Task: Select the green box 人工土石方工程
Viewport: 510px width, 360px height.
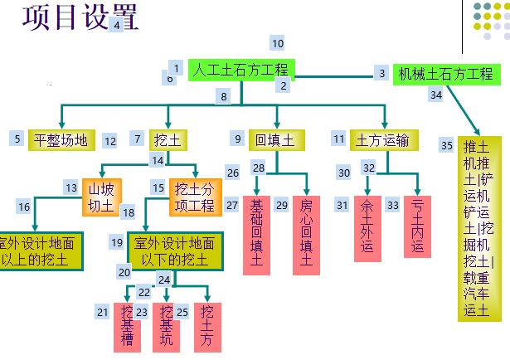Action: point(240,71)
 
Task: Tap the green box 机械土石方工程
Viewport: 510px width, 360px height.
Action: point(445,74)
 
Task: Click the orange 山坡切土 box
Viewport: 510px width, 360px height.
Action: point(101,197)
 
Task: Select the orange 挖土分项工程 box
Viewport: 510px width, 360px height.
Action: point(195,197)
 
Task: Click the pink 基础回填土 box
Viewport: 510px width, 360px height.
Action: point(257,235)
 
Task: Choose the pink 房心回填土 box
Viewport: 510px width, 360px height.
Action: point(306,235)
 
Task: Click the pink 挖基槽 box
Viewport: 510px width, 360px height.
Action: point(127,325)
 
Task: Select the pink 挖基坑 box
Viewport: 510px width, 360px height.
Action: point(167,325)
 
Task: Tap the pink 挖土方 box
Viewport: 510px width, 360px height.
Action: point(207,325)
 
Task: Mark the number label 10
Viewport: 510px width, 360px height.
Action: point(278,43)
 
